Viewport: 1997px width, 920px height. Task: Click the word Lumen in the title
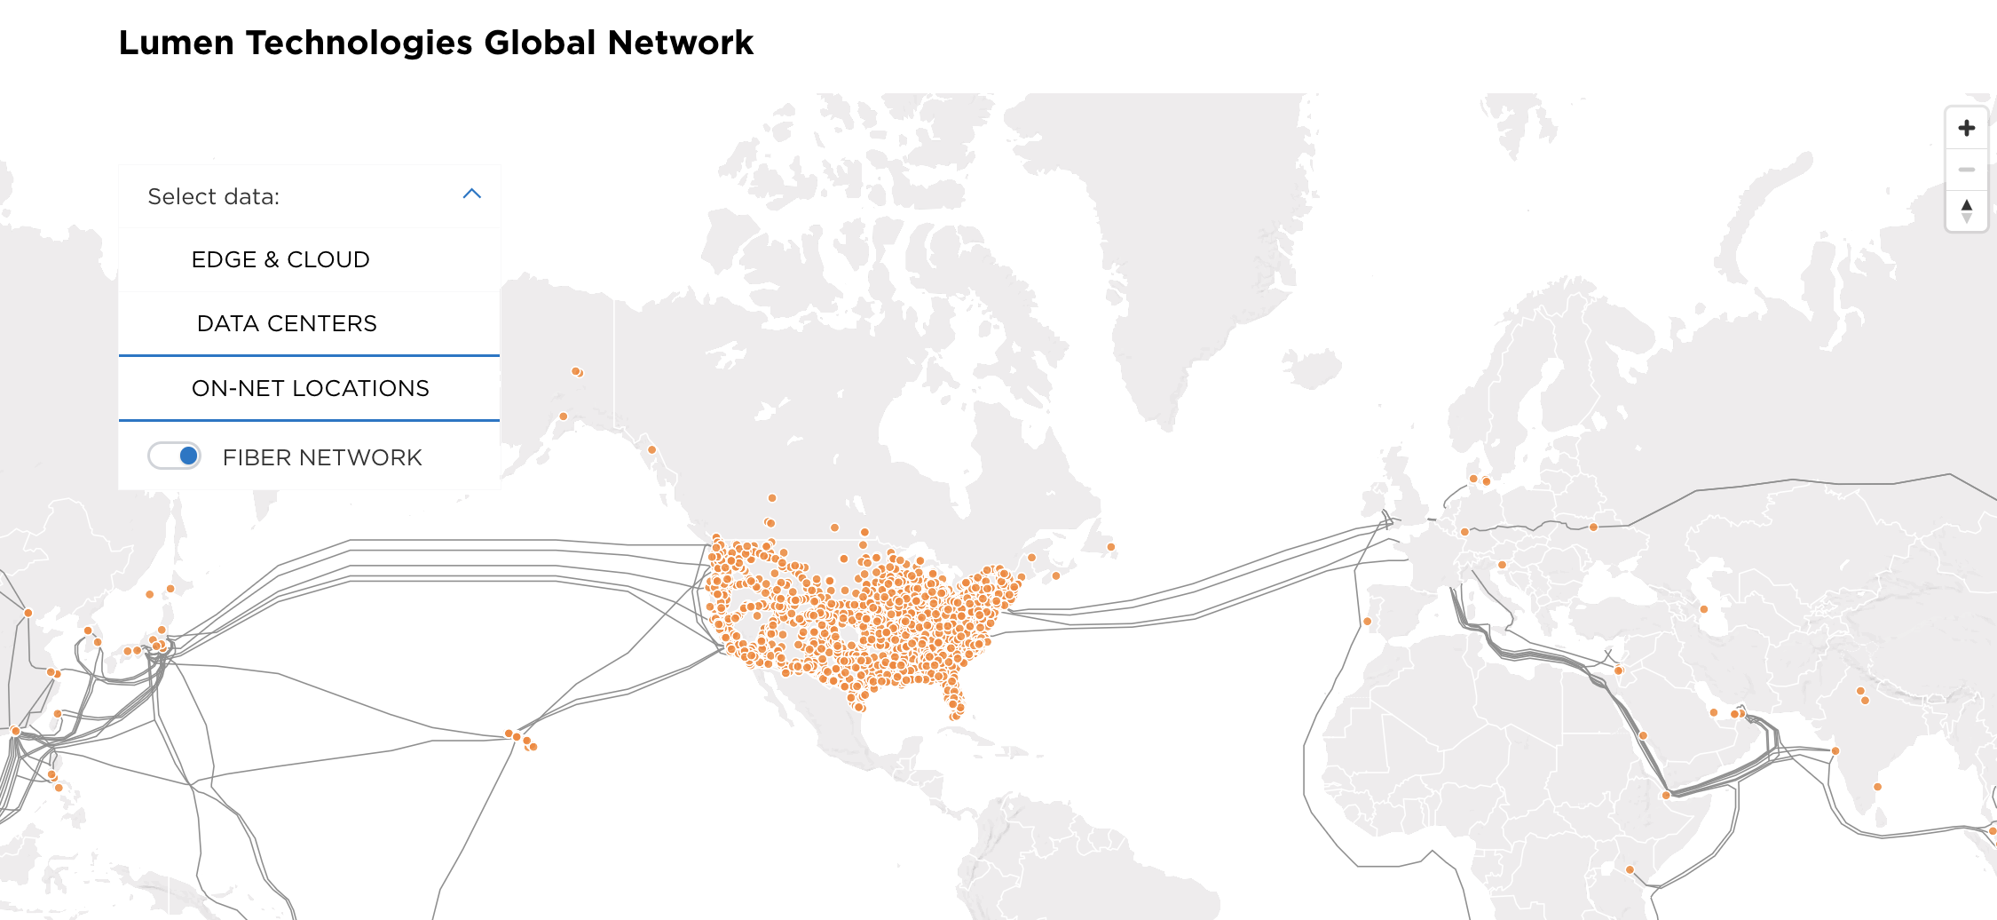(176, 43)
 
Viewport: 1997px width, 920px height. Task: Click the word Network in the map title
(681, 43)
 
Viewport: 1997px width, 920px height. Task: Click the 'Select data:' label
(213, 196)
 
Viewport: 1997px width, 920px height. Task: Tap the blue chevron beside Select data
(472, 194)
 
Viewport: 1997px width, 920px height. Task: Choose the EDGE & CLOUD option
(280, 259)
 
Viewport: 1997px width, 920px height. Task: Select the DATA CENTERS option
(287, 323)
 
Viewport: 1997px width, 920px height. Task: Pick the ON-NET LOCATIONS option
(310, 388)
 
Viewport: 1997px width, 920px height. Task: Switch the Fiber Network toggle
(175, 456)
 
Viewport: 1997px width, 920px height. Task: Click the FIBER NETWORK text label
(322, 457)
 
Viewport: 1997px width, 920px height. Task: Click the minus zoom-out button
(1967, 170)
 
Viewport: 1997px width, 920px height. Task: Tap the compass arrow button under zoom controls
(1967, 210)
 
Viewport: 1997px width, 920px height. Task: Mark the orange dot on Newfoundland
(1110, 547)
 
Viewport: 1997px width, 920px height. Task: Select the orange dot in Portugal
(1367, 622)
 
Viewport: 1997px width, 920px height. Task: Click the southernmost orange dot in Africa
(1630, 869)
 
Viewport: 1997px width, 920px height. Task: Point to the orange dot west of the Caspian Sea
(1703, 609)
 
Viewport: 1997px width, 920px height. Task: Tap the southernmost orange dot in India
(1877, 787)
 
